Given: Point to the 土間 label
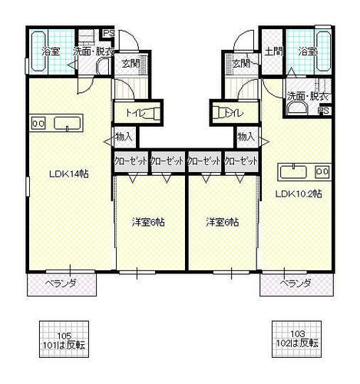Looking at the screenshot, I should coord(272,51).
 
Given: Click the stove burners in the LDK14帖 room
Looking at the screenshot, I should coord(38,122).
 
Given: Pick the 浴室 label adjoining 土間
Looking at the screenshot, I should coord(309,51).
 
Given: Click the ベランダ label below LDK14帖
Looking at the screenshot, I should coord(62,283).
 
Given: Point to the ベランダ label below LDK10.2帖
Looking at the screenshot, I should coord(295,283).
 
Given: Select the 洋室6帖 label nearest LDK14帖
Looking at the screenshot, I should coord(149,223).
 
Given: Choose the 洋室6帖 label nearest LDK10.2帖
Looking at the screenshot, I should coord(221,223).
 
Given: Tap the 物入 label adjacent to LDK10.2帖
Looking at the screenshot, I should coord(246,137).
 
